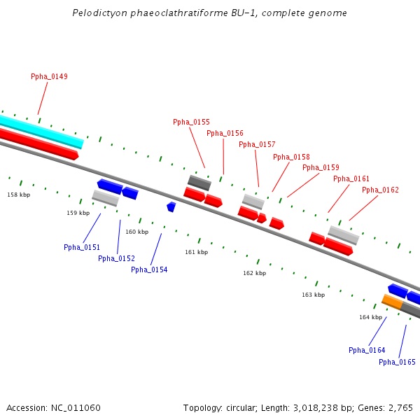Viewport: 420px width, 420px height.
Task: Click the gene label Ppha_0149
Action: pyautogui.click(x=49, y=76)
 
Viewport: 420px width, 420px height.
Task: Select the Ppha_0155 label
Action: pyautogui.click(x=191, y=122)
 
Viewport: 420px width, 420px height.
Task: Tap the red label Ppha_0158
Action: pyautogui.click(x=291, y=157)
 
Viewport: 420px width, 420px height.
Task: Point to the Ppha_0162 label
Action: pyautogui.click(x=380, y=190)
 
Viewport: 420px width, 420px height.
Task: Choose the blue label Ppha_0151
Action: pyautogui.click(x=82, y=247)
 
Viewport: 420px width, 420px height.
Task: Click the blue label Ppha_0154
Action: pyautogui.click(x=149, y=269)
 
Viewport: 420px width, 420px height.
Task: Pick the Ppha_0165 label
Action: pyautogui.click(x=397, y=362)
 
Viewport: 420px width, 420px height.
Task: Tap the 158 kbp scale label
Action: pyautogui.click(x=19, y=195)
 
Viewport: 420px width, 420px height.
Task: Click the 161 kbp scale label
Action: pyautogui.click(x=196, y=252)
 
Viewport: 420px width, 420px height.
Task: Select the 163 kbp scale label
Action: pyautogui.click(x=313, y=295)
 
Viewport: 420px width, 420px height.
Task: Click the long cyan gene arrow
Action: pyautogui.click(x=42, y=131)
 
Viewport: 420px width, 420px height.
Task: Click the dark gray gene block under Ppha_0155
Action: pyautogui.click(x=199, y=183)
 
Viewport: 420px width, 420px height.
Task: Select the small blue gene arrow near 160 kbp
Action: pyautogui.click(x=171, y=206)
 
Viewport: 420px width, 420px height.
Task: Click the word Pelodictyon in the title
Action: pyautogui.click(x=96, y=13)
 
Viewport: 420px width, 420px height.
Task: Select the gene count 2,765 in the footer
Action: pyautogui.click(x=400, y=407)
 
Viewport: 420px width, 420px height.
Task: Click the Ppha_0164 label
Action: pyautogui.click(x=367, y=350)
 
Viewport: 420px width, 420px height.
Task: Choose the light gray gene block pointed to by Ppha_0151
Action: pyautogui.click(x=106, y=198)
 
